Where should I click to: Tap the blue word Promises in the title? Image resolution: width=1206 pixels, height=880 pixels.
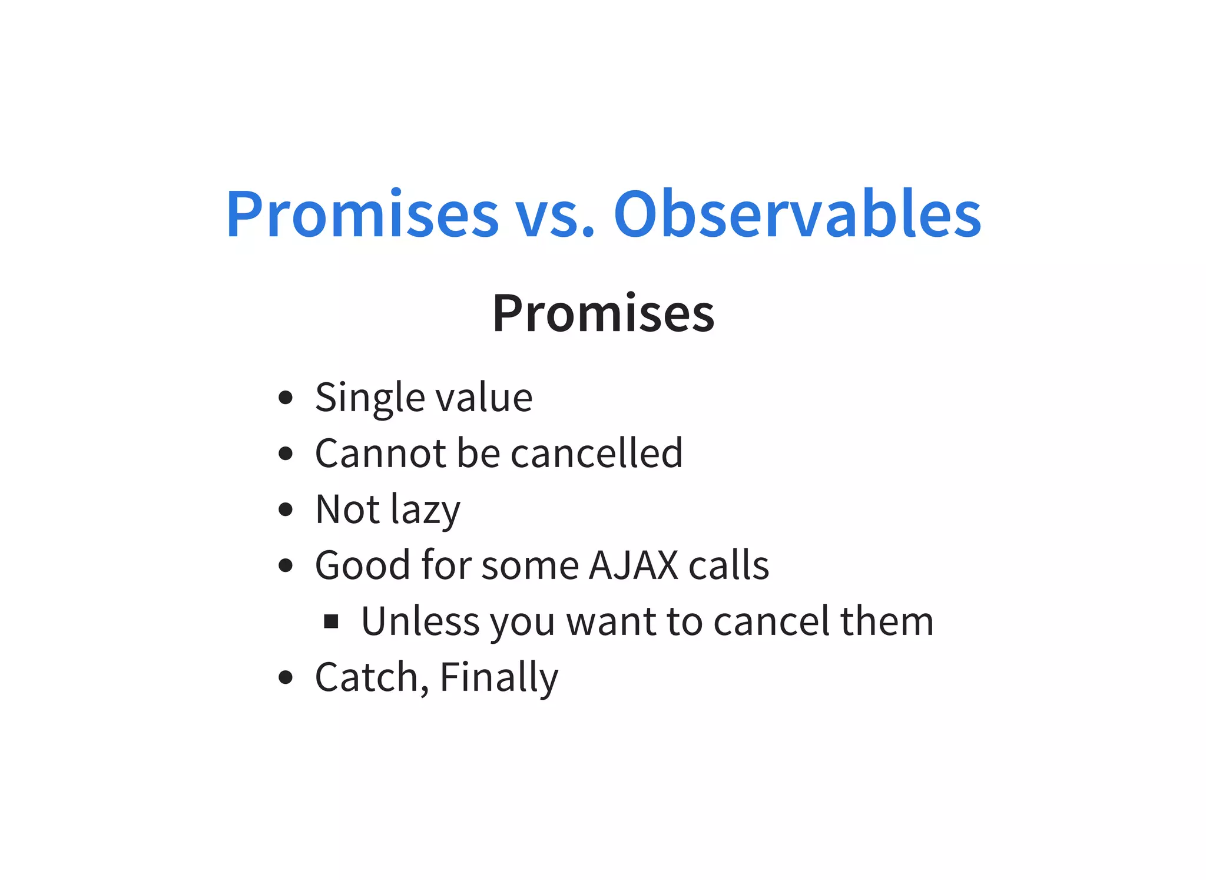point(362,215)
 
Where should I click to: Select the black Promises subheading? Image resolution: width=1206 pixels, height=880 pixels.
point(603,313)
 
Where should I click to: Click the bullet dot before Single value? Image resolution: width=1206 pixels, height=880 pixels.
point(286,398)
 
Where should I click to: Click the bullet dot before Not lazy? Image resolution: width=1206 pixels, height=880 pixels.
point(286,510)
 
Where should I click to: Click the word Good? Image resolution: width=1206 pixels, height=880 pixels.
point(362,565)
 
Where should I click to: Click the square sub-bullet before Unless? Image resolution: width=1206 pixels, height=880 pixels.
point(332,621)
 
